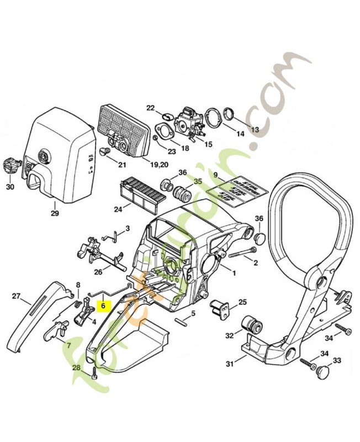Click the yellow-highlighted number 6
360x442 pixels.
(103, 304)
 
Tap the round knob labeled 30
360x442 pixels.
(9, 165)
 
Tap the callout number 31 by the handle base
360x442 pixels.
(229, 364)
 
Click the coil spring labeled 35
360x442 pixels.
(181, 195)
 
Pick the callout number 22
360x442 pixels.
(150, 108)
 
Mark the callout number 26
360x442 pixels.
(98, 272)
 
